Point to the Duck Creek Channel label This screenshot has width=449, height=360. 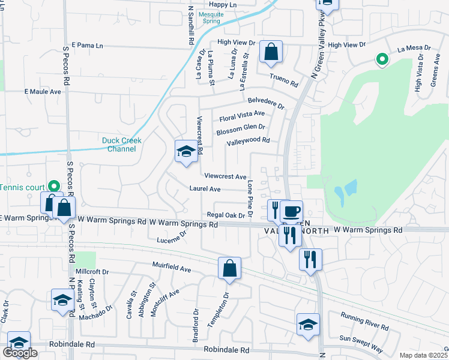(x=121, y=145)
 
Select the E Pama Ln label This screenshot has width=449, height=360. (x=87, y=45)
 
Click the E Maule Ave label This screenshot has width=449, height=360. (x=43, y=92)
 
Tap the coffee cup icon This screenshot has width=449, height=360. (x=292, y=211)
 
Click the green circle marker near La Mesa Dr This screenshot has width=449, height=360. (x=381, y=59)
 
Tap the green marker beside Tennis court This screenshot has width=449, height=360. (x=53, y=187)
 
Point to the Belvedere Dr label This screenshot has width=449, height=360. (x=265, y=103)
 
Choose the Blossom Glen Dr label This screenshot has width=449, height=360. (x=241, y=128)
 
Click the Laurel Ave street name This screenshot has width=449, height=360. (x=205, y=189)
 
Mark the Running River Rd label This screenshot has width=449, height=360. (x=364, y=321)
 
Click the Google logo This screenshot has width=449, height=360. (x=20, y=353)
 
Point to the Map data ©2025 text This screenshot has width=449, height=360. (x=422, y=355)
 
